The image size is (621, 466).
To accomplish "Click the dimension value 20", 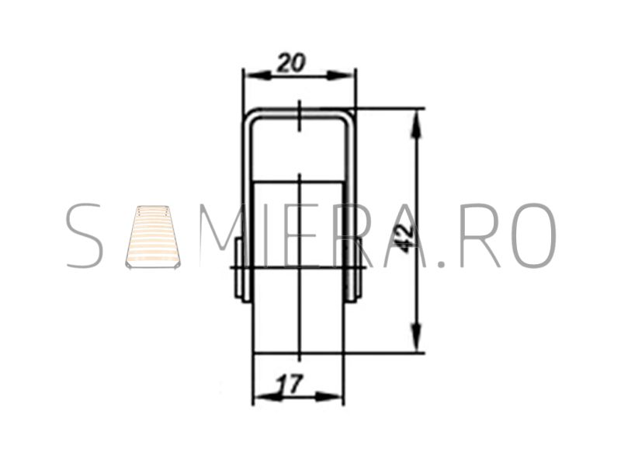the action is tap(292, 63).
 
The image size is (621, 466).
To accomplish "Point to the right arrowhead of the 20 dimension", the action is tap(340, 75).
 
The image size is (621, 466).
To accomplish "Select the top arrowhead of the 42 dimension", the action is tap(416, 124).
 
